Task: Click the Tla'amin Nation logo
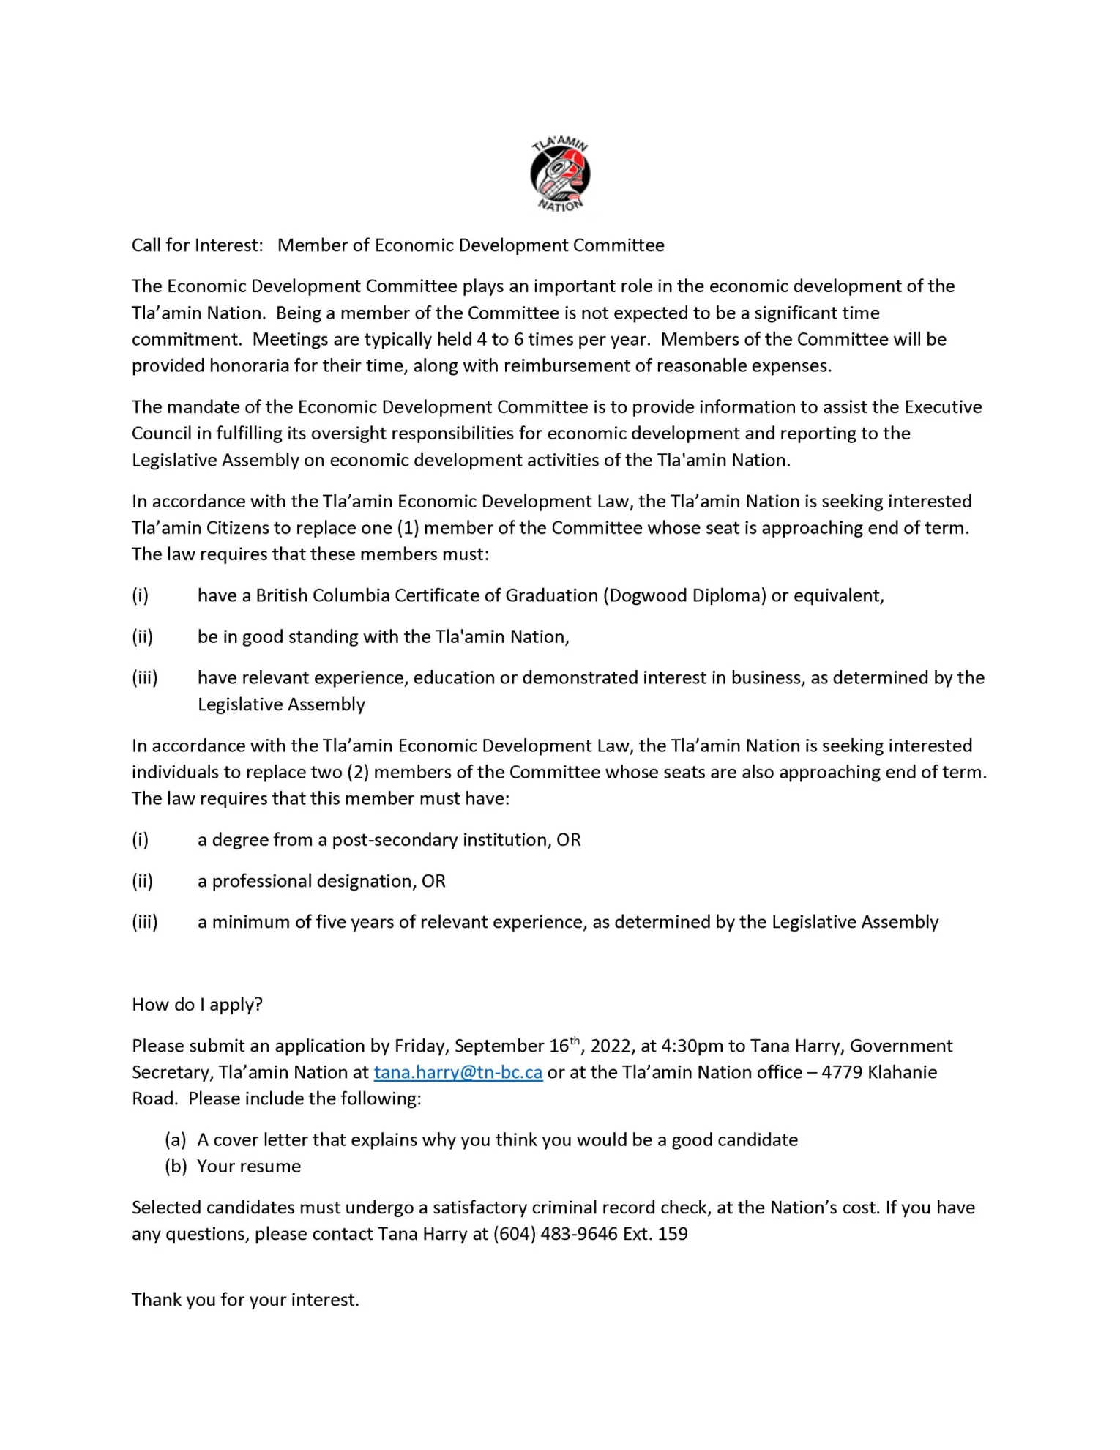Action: (x=560, y=174)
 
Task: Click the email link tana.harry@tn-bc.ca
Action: (x=458, y=1072)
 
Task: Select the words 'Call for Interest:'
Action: (x=197, y=245)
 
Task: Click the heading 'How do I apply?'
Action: (x=197, y=1004)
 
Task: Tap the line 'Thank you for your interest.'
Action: (x=245, y=1300)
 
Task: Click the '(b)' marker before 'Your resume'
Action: (x=176, y=1166)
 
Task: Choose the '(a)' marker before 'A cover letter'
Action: (x=176, y=1139)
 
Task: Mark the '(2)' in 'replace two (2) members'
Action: (x=358, y=772)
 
